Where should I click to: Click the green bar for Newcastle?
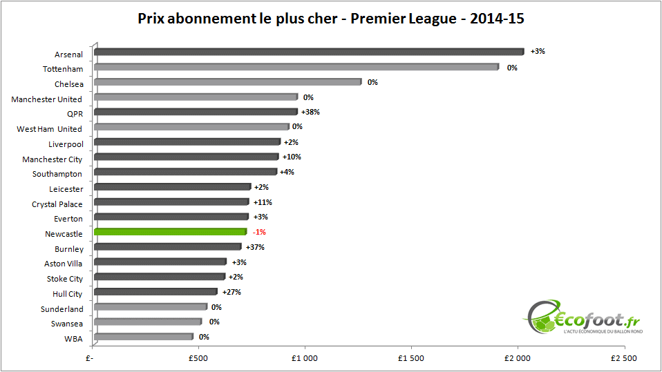coord(170,232)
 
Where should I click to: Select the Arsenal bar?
coord(309,52)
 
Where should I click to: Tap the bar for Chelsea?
coord(227,82)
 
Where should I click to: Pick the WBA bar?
coord(143,337)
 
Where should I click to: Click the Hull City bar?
coord(155,292)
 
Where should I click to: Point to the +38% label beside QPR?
coord(310,112)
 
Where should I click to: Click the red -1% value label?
coord(259,232)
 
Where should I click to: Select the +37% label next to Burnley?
coord(255,247)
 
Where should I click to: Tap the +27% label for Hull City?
coord(231,292)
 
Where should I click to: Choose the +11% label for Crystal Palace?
coord(263,202)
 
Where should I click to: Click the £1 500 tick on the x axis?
coord(411,358)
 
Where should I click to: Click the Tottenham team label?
coord(63,69)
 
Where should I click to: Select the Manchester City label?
coord(53,159)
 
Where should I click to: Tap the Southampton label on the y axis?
coord(57,174)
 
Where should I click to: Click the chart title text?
coord(331,19)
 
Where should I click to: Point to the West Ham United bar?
coord(191,127)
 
